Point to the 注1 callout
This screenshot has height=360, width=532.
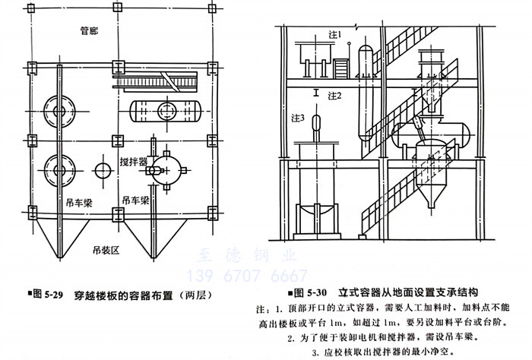[335, 35]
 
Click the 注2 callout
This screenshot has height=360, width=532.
[335, 96]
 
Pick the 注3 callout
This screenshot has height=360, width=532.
[299, 118]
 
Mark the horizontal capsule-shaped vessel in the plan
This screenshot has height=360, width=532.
[163, 112]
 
